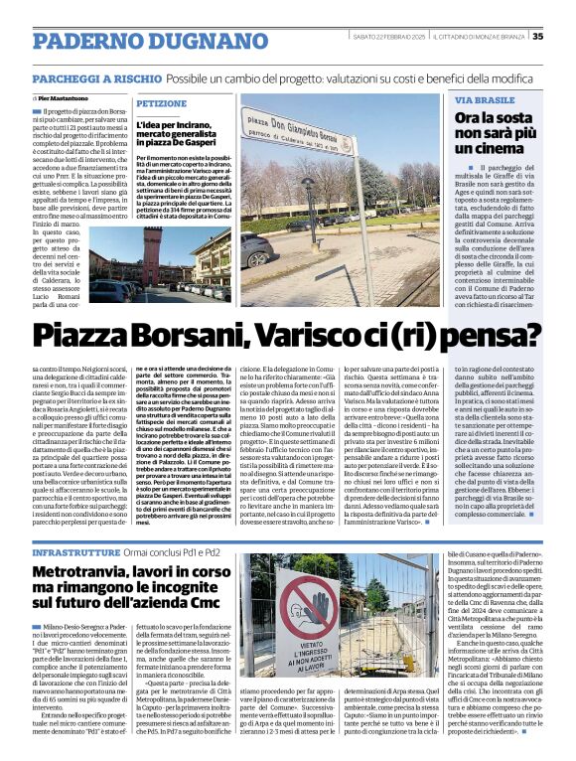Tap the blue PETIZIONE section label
click(161, 102)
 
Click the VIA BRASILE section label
click(484, 101)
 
